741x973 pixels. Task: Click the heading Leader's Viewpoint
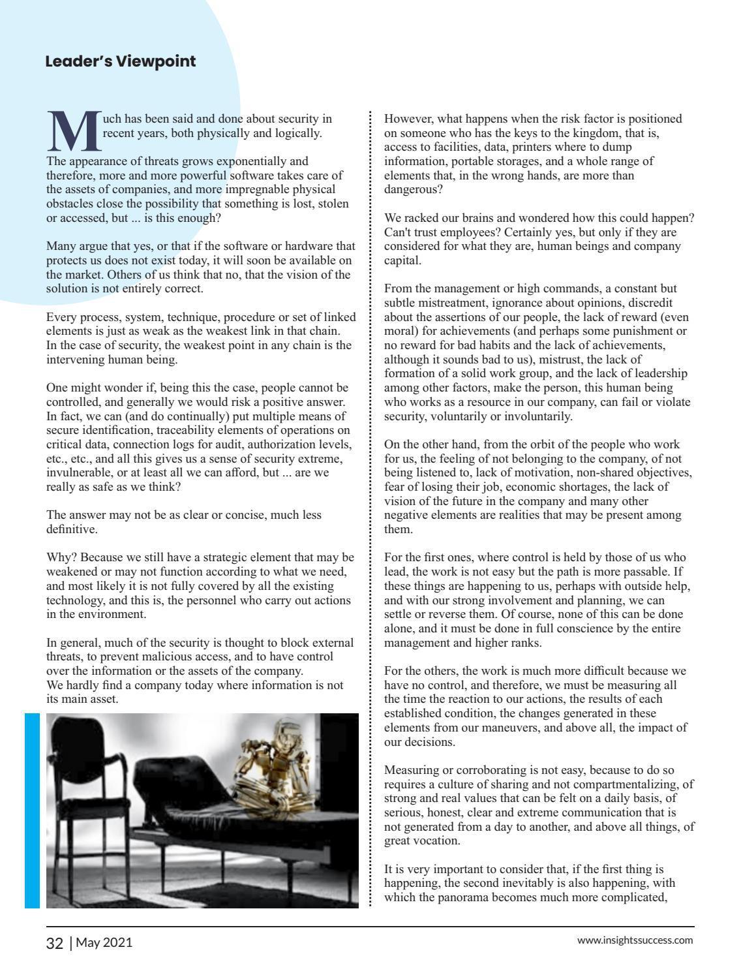(121, 61)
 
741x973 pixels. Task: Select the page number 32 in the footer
(55, 943)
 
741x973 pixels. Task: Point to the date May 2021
(104, 943)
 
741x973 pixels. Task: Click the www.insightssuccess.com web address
(635, 940)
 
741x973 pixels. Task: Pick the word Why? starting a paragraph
(61, 558)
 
